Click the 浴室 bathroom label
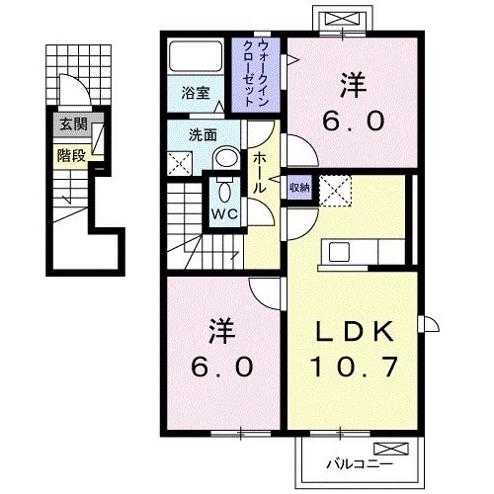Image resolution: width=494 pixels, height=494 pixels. [195, 94]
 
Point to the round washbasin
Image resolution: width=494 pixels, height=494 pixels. [226, 158]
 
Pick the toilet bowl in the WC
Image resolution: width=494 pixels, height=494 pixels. [222, 190]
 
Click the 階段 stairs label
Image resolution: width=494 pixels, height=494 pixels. [69, 154]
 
